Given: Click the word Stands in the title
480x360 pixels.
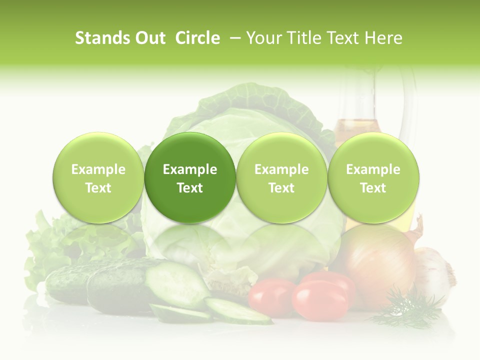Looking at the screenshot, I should tap(95, 38).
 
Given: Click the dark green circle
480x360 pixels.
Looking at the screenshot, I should tap(190, 177).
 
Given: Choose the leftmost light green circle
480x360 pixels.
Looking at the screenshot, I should tap(98, 177).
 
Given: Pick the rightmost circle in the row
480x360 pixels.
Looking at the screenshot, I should tap(373, 177).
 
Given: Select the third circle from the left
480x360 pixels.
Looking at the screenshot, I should tap(281, 177).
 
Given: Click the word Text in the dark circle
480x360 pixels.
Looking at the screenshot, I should tap(190, 188).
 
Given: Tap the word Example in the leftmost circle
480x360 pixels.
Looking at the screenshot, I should tap(98, 169).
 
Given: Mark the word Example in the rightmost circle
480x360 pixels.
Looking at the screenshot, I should tap(373, 169).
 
